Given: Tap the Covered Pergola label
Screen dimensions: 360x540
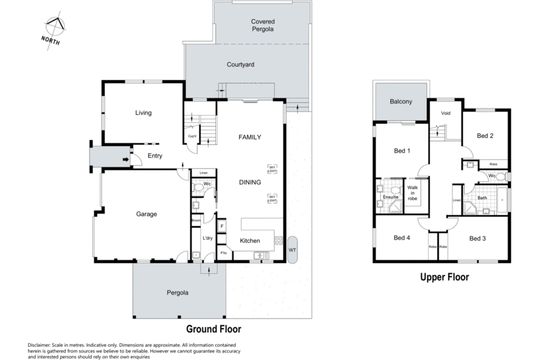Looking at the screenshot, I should [x=263, y=26].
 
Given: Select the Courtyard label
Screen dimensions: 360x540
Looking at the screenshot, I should [x=241, y=65].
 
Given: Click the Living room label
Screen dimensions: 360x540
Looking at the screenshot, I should [x=143, y=113].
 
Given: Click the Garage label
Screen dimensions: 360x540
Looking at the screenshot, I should [x=146, y=214].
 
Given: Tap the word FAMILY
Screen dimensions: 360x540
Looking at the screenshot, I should [x=250, y=137].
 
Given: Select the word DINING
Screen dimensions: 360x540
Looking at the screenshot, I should [x=250, y=182].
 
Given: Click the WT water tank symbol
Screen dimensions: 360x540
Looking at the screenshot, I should [x=293, y=250].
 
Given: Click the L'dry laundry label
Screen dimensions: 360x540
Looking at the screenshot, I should [x=209, y=238].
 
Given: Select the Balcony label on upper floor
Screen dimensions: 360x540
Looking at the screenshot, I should [x=401, y=102].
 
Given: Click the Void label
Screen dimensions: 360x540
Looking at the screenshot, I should [x=446, y=113].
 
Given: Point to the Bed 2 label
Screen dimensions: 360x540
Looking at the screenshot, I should [x=485, y=136].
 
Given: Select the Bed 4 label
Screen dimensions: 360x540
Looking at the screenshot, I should [x=402, y=238].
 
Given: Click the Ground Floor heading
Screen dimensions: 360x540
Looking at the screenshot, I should [x=213, y=329].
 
